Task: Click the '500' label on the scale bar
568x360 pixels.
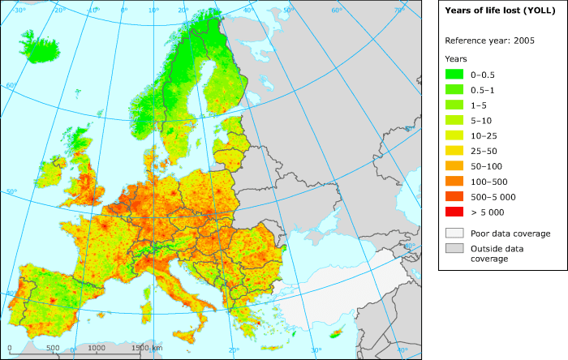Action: (x=53, y=348)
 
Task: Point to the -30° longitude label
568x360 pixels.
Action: (x=20, y=11)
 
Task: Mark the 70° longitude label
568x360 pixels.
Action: (x=399, y=11)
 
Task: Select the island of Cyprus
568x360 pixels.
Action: (x=342, y=332)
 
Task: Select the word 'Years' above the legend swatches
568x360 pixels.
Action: (x=456, y=58)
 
